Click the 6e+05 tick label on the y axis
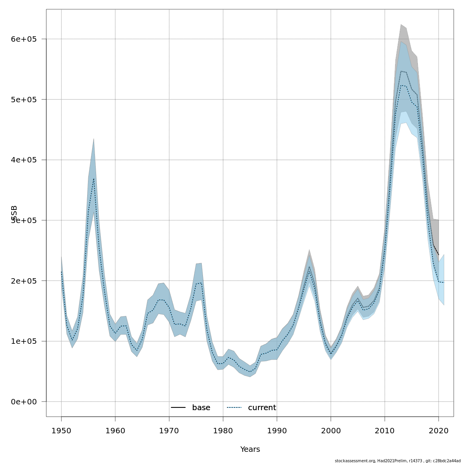pos(24,39)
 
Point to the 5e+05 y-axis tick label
pos(24,100)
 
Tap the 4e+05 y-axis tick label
pos(24,160)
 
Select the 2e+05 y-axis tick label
pos(24,281)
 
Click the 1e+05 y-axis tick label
pos(24,341)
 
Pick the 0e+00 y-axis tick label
pos(24,402)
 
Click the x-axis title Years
pos(250,449)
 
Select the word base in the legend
pos(201,408)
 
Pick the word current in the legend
pos(262,408)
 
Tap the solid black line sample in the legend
pos(178,408)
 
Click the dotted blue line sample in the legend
pos(234,408)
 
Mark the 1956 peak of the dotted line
pos(93,178)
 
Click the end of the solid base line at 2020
pos(439,255)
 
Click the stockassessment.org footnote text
pos(397,461)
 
